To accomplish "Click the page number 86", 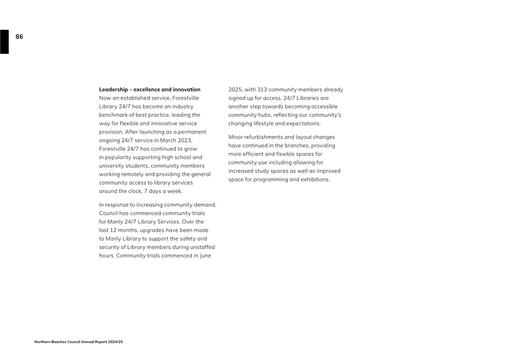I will point(19,37).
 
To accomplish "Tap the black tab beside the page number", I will point(4,42).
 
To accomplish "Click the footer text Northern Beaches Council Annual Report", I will point(79,342).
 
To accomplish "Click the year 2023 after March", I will point(183,140).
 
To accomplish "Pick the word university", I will point(112,166).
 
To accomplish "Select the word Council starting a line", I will point(110,213).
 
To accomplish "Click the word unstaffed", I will point(202,247).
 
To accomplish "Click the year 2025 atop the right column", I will point(236,90).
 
